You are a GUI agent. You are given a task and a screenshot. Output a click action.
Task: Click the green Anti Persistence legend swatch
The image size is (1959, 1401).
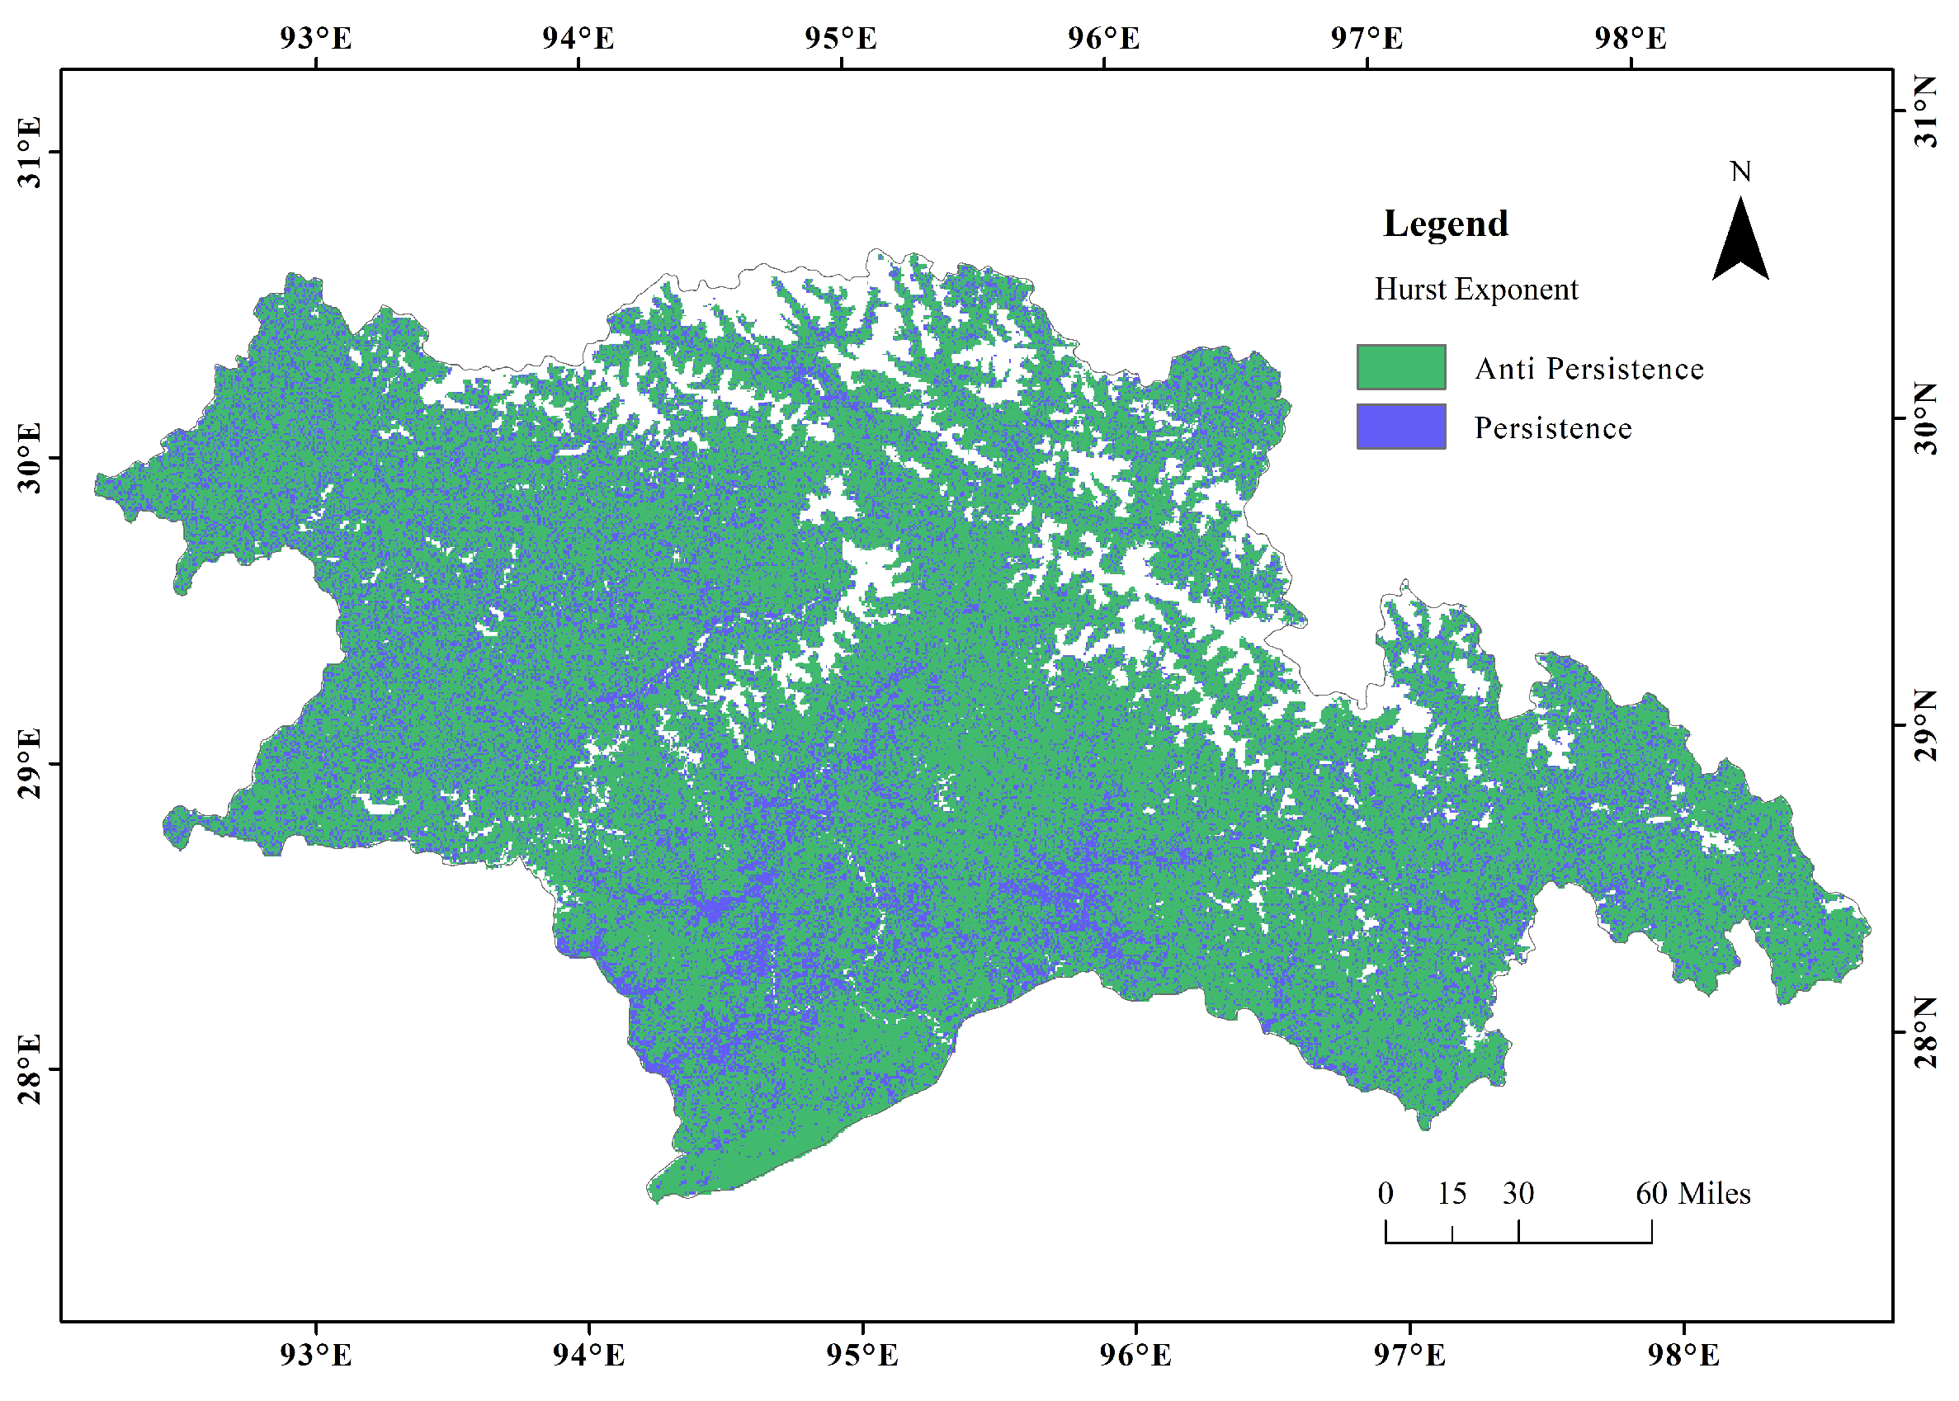(x=1400, y=367)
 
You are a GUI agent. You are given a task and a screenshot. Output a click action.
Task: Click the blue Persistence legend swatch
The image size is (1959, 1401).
(x=1400, y=427)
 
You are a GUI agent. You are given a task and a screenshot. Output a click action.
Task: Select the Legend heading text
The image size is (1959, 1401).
(x=1445, y=224)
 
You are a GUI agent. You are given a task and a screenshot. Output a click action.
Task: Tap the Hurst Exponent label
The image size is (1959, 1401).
(x=1475, y=289)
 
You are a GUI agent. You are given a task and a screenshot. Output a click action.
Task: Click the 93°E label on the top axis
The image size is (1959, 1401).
(x=316, y=39)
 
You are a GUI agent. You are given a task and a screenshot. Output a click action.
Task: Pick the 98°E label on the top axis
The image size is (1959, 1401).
(x=1630, y=39)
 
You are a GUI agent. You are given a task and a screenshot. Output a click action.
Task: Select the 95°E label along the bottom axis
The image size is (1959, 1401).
(x=861, y=1356)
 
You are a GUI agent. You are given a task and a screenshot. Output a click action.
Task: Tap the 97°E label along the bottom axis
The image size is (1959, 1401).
(x=1409, y=1356)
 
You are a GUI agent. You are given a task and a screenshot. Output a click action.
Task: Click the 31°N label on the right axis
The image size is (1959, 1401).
(x=1925, y=111)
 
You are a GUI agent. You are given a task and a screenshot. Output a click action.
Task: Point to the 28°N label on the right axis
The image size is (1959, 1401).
(x=1925, y=1033)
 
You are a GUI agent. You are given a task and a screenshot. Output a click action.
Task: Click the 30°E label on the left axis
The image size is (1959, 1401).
(x=30, y=458)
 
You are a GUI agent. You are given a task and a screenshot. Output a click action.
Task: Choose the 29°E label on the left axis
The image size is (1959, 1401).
(x=30, y=763)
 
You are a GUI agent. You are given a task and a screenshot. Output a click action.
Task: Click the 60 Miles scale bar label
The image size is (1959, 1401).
(x=1692, y=1194)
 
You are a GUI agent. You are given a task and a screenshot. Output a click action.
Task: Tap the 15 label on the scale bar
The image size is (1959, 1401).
(x=1451, y=1194)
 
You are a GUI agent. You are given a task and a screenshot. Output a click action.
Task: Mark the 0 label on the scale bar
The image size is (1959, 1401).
(x=1385, y=1194)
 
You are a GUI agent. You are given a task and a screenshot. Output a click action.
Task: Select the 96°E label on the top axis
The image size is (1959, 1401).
(x=1103, y=39)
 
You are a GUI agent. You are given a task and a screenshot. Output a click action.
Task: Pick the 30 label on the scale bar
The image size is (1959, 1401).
(x=1518, y=1194)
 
